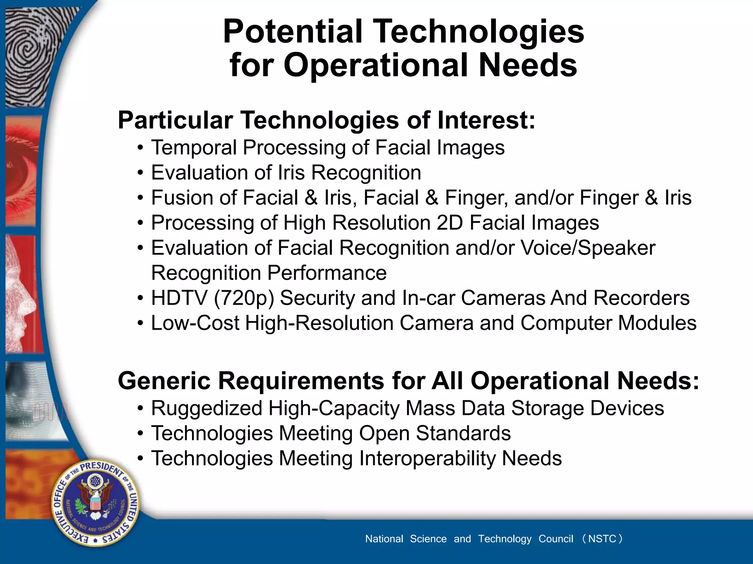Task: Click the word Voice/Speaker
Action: coord(588,248)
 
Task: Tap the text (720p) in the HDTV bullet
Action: coord(244,298)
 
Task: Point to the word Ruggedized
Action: coord(206,408)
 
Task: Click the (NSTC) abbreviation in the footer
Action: coord(602,539)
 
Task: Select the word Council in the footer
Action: coord(556,539)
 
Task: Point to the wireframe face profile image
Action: coord(22,294)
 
